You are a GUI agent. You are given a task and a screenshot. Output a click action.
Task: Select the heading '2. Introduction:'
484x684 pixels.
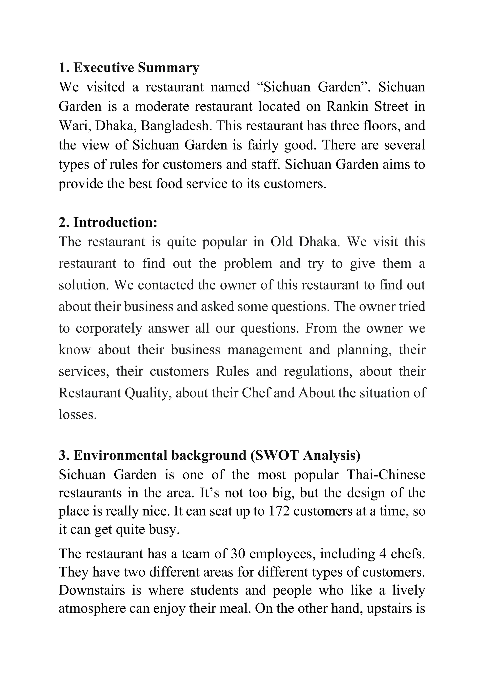[108, 222]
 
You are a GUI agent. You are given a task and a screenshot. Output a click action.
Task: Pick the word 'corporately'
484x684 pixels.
[109, 328]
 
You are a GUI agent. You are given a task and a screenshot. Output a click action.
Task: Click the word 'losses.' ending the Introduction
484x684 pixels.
[78, 415]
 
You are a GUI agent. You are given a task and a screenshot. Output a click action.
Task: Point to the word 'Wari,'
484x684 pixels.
[75, 126]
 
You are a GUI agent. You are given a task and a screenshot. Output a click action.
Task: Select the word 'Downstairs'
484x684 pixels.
[92, 590]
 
